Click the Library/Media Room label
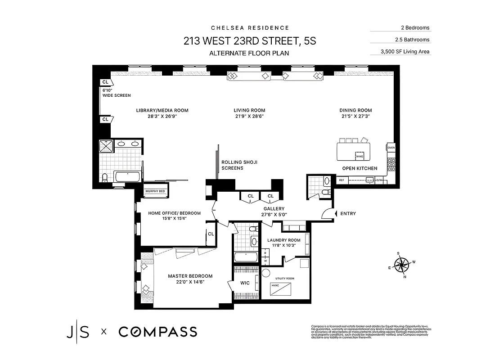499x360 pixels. [162, 110]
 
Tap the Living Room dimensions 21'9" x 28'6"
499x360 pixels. [249, 116]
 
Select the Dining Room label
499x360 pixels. [355, 110]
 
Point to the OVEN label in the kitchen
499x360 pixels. [391, 147]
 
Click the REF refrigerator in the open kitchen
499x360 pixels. [341, 180]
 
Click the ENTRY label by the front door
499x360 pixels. [348, 213]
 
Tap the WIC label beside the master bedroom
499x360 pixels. [245, 283]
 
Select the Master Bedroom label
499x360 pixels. [190, 276]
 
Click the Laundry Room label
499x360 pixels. [283, 240]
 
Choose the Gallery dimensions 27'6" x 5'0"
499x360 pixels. [274, 215]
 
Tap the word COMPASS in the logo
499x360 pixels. [158, 332]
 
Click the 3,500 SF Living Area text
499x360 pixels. [400, 51]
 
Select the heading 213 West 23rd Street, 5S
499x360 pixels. [249, 41]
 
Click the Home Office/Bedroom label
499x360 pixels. [175, 213]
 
